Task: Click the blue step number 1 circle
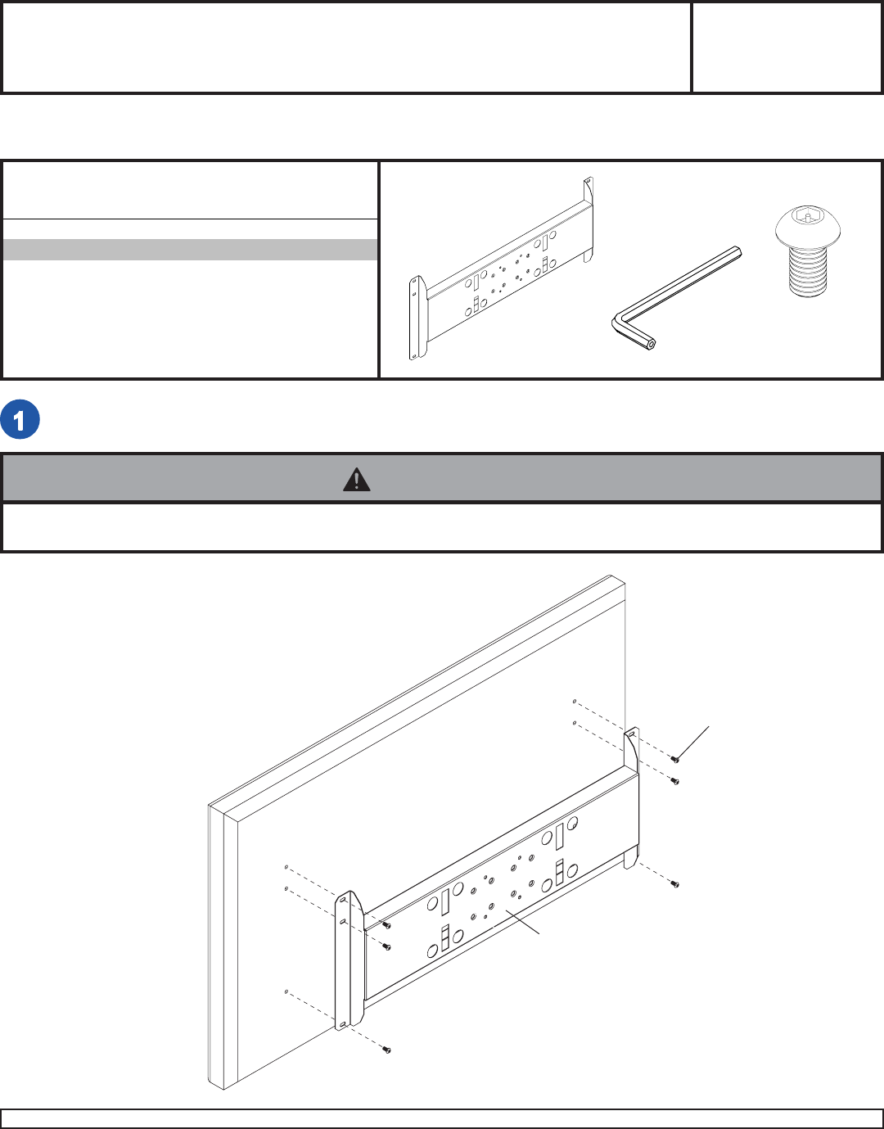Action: [20, 419]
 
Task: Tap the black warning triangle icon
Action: [357, 480]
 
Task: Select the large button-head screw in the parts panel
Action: [808, 251]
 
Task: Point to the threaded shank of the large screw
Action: [808, 270]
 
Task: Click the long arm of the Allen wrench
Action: [679, 283]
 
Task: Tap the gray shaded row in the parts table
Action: [190, 250]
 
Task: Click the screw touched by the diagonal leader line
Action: [675, 760]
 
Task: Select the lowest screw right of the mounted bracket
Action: [675, 883]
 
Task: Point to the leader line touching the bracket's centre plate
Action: [523, 922]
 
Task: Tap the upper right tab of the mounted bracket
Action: [632, 749]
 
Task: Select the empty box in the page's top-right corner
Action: [787, 47]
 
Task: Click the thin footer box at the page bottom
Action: [441, 1118]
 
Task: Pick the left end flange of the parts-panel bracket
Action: [417, 318]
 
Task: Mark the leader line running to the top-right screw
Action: [692, 743]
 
